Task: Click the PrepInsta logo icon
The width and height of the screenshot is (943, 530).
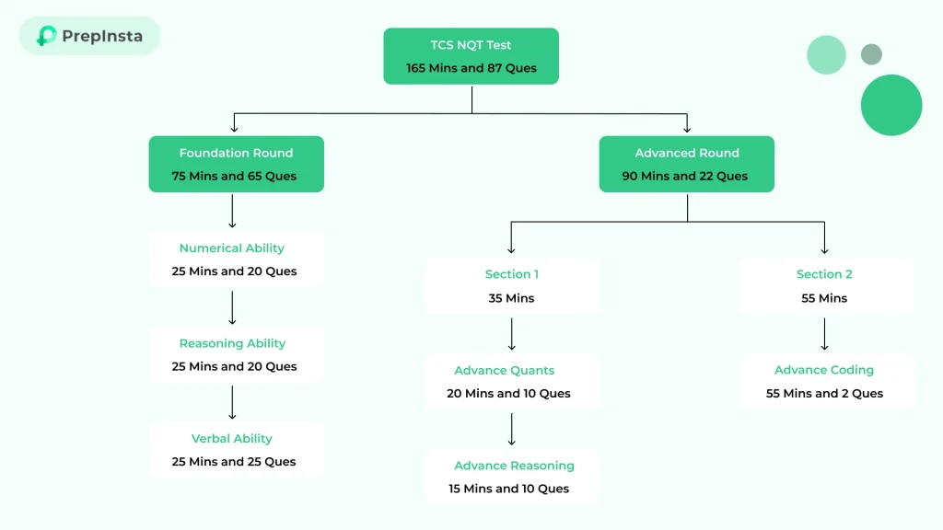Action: click(46, 36)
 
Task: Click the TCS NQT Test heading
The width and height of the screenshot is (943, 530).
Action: click(471, 45)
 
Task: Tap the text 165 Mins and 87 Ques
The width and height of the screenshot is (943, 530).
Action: click(471, 68)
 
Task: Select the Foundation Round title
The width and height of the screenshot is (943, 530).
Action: click(236, 153)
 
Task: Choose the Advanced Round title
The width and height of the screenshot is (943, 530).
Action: click(686, 153)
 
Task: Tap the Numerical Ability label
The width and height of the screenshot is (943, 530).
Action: click(232, 248)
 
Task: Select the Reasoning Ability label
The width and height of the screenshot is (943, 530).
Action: click(232, 343)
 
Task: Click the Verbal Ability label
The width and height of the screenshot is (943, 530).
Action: click(232, 438)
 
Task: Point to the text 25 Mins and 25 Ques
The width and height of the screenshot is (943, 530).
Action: click(234, 462)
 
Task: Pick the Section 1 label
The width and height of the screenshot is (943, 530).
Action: click(511, 274)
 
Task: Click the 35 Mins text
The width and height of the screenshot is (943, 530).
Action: click(511, 298)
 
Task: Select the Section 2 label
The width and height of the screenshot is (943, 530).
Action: click(824, 274)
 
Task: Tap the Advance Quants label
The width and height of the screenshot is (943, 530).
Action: click(505, 370)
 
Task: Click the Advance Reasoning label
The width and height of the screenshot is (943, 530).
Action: click(514, 466)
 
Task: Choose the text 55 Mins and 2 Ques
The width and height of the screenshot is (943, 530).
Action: click(824, 394)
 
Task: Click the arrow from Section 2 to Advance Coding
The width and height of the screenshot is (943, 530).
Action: click(824, 334)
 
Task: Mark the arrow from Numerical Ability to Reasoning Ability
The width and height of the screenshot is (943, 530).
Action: click(232, 307)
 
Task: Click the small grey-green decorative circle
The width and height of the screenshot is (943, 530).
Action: click(871, 54)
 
